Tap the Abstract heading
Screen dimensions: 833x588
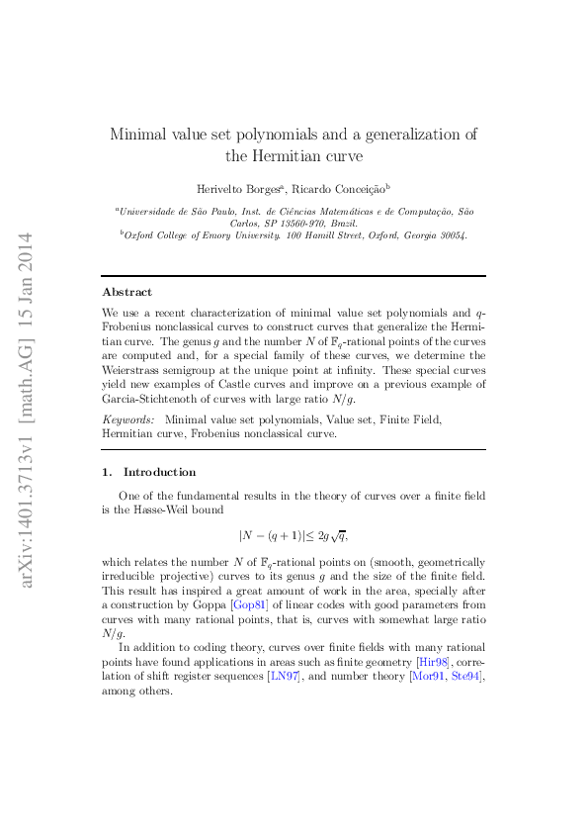[x=127, y=292]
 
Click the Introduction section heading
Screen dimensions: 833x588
[x=159, y=472]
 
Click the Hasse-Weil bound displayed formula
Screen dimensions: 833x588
[x=294, y=536]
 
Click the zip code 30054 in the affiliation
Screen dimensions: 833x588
[x=450, y=236]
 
